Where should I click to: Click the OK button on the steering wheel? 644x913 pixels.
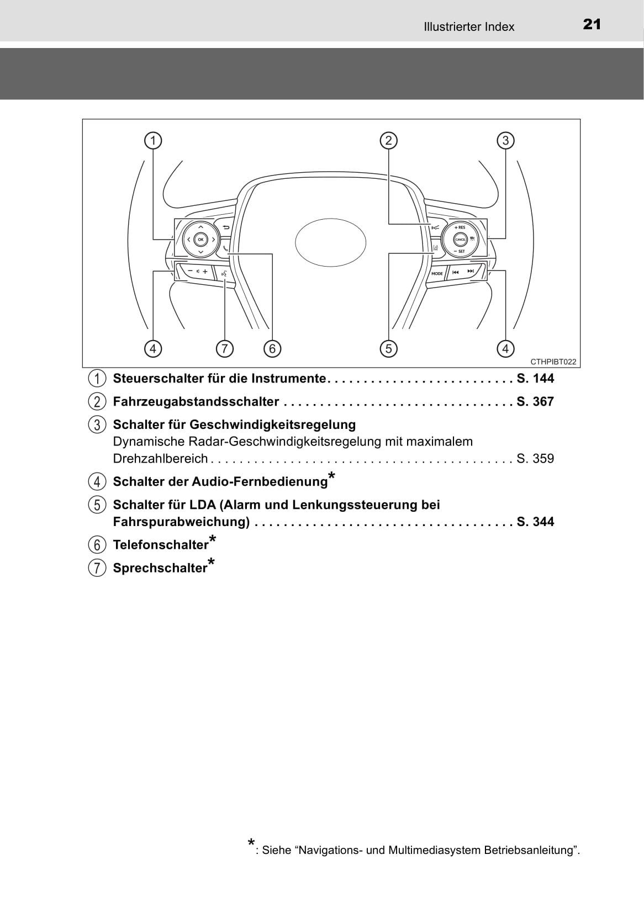point(200,240)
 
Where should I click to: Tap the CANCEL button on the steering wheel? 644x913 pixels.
point(461,240)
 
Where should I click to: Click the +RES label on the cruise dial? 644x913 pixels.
point(460,227)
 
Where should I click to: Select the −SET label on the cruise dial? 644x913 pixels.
point(460,252)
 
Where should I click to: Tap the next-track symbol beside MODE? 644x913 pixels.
point(471,272)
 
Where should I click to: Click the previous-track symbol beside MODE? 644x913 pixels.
point(456,272)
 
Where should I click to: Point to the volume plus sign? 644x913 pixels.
point(205,271)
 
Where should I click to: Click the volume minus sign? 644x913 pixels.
point(191,271)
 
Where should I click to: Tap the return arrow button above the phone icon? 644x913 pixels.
point(226,227)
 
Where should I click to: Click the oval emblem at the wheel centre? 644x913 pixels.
point(330,242)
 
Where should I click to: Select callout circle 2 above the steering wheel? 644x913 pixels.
point(388,141)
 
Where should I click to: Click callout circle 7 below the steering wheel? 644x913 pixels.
point(224,348)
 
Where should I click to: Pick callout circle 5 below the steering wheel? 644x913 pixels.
point(388,348)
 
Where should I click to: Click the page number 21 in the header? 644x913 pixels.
point(592,24)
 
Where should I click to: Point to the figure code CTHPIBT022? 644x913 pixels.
point(553,362)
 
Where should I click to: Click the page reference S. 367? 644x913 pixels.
point(535,401)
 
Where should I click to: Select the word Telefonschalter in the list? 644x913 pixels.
point(161,545)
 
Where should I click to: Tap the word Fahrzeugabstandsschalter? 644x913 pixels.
point(196,401)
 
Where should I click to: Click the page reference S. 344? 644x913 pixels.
point(535,522)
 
